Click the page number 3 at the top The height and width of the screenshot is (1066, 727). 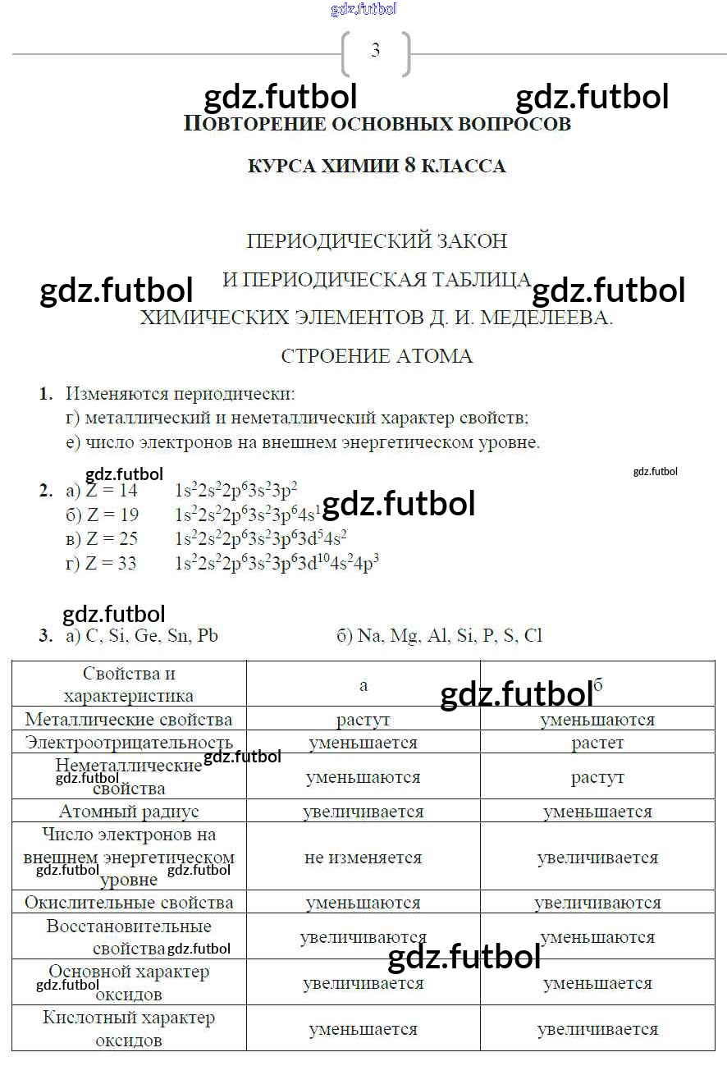tap(375, 51)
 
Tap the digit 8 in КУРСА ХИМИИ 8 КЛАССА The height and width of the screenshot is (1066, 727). tap(410, 166)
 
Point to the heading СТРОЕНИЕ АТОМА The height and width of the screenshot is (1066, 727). tap(377, 356)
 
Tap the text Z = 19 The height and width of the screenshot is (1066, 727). tap(112, 515)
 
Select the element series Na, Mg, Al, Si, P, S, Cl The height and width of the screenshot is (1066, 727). tap(450, 636)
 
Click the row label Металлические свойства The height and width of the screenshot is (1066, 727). tap(129, 720)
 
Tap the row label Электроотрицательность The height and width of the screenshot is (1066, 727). tap(129, 743)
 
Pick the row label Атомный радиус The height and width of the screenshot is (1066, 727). tap(129, 812)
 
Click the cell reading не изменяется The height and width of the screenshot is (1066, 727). tap(363, 858)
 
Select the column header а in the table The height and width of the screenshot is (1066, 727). tap(363, 685)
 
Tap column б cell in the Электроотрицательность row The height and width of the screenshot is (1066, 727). tap(597, 743)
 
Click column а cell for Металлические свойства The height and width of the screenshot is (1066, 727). tap(363, 720)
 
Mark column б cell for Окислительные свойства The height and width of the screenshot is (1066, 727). tap(597, 903)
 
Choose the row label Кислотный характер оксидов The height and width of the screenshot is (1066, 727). tap(129, 1029)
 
